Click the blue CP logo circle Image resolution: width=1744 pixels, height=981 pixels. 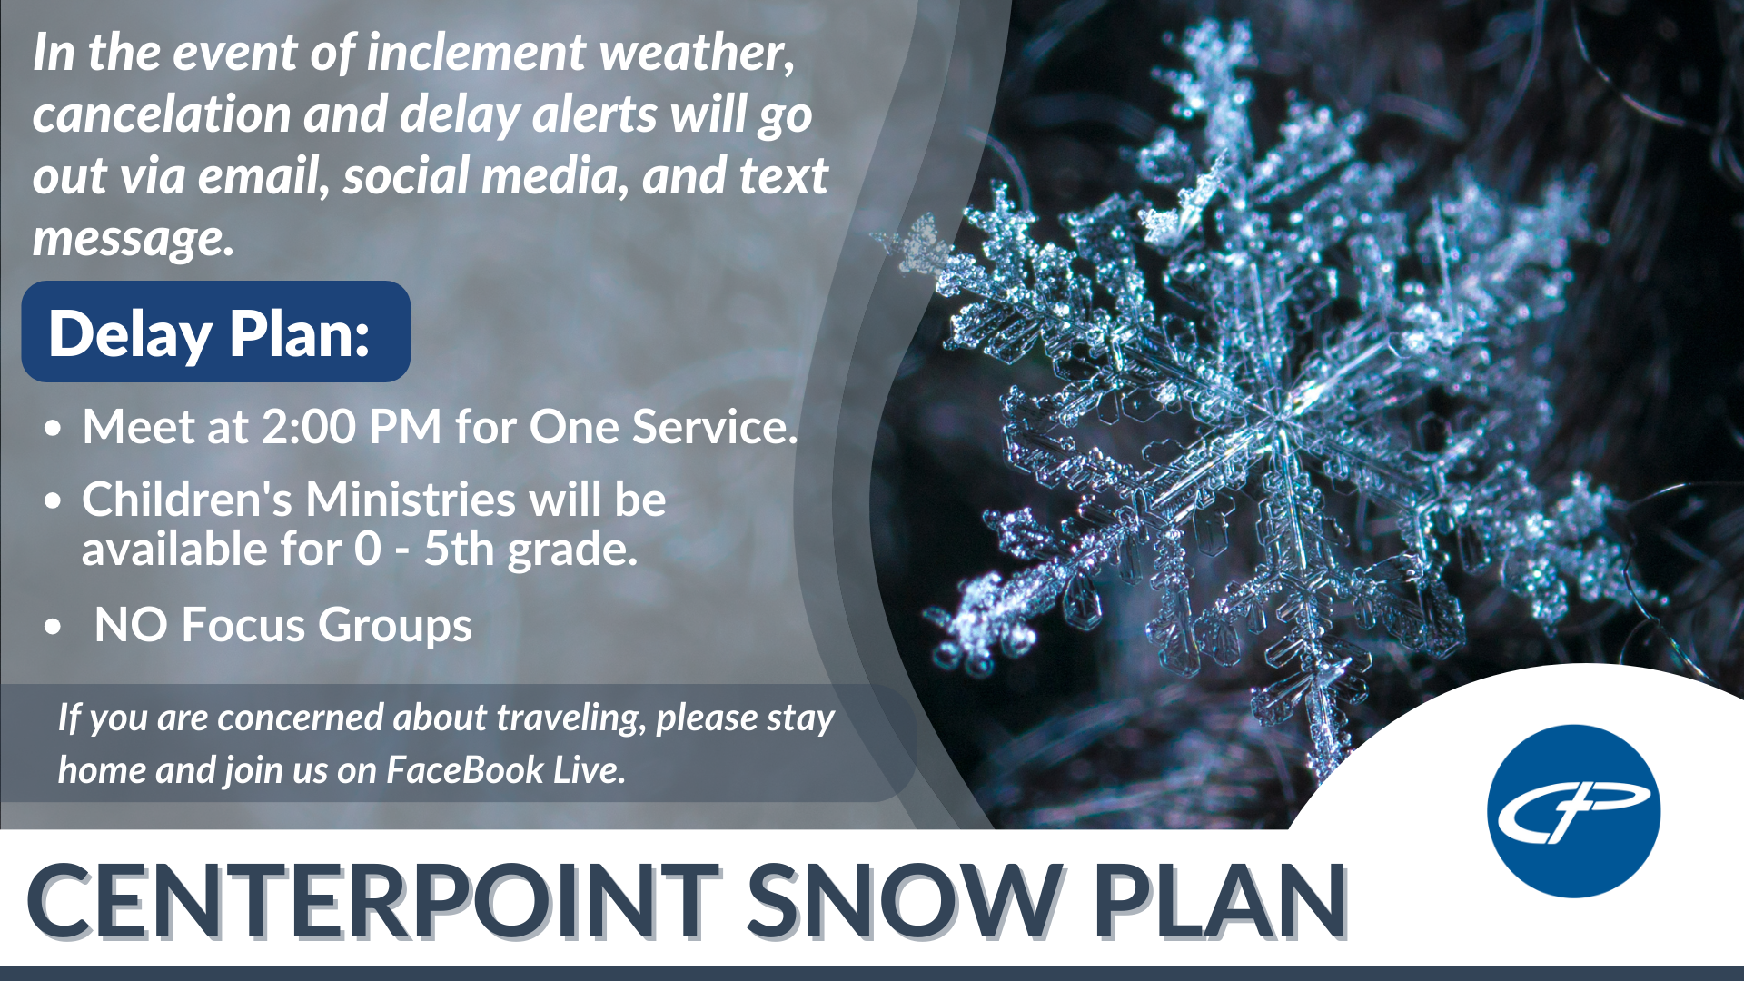[x=1573, y=811]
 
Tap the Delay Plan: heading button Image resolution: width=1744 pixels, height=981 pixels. [x=216, y=332]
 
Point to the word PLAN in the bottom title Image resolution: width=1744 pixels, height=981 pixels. [x=1220, y=901]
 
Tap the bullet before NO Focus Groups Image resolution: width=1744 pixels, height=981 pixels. [x=54, y=627]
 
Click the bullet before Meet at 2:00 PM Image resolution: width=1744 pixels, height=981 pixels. [x=54, y=428]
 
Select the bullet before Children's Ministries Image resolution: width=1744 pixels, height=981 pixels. [x=54, y=500]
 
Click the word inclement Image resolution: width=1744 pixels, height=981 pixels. [x=475, y=53]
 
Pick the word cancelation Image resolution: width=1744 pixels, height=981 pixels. [x=162, y=114]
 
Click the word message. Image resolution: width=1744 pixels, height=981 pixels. [x=133, y=238]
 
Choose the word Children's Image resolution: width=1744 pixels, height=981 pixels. [x=185, y=500]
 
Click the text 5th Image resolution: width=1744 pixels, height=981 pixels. [x=461, y=549]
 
